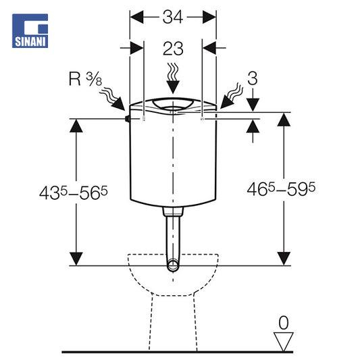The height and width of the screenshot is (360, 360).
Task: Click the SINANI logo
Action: (30, 31)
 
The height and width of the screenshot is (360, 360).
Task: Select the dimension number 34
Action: (173, 17)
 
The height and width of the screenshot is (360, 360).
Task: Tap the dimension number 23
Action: (173, 49)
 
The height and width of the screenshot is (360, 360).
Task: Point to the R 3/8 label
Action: (85, 79)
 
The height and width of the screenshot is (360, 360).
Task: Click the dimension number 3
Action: (253, 78)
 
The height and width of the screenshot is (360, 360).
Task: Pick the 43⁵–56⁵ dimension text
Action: (74, 193)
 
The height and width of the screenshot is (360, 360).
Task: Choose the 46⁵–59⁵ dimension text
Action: (281, 189)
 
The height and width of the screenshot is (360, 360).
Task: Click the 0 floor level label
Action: (284, 323)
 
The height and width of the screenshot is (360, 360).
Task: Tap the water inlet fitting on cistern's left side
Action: (127, 119)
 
